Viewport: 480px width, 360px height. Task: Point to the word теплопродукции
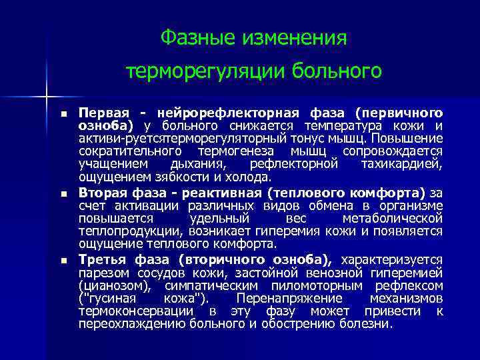[x=120, y=231]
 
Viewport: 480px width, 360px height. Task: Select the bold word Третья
[x=99, y=259]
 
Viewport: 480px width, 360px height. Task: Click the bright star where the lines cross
[x=47, y=97]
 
